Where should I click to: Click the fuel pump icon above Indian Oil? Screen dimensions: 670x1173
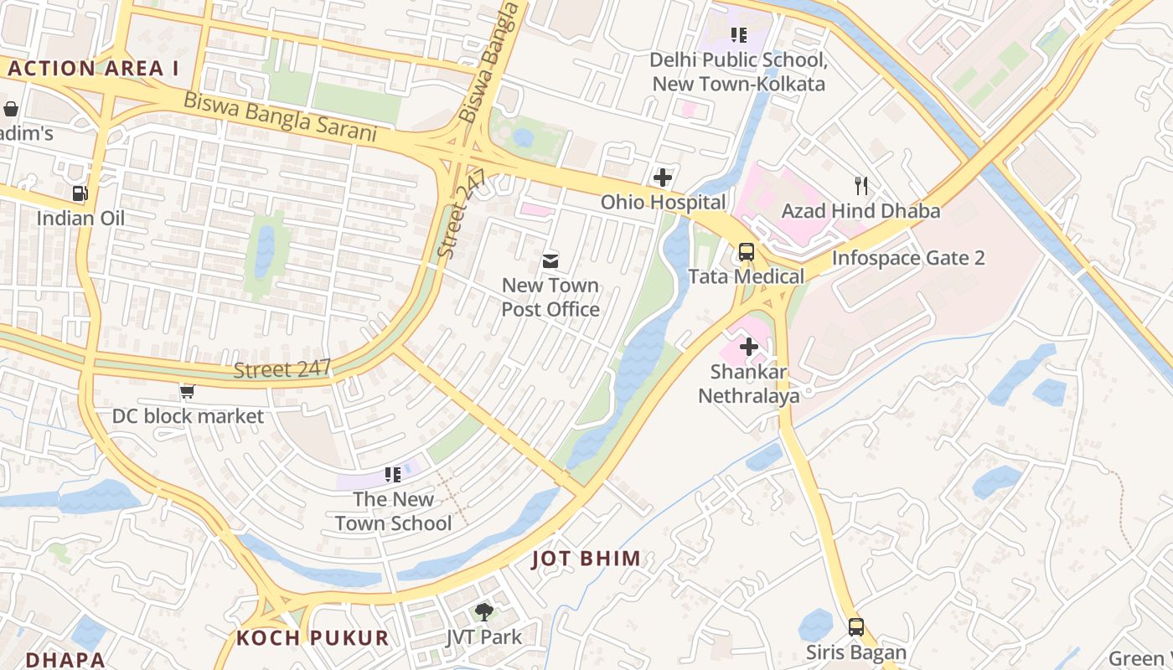click(80, 193)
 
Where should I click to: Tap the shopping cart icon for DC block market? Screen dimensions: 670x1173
click(188, 391)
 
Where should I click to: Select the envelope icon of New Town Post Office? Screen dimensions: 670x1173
click(550, 260)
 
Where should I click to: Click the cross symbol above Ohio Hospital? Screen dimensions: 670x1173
click(663, 178)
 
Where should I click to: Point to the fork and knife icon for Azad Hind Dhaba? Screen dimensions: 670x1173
click(860, 186)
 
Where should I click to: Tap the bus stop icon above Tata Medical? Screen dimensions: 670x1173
click(746, 251)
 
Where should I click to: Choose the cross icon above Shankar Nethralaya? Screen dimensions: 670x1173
click(749, 347)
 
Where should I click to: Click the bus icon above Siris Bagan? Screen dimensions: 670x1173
click(855, 627)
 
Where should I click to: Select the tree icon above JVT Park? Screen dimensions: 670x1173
click(483, 612)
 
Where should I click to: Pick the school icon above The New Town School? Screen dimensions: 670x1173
click(392, 475)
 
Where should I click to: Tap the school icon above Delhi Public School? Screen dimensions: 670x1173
click(738, 35)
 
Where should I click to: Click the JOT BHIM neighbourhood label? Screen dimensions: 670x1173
click(586, 559)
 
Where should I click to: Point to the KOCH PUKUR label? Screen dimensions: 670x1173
click(313, 638)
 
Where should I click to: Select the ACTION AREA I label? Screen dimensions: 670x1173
click(94, 69)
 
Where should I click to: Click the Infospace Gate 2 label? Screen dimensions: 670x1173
click(907, 258)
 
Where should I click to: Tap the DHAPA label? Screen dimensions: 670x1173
click(65, 660)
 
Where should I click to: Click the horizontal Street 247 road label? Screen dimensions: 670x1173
click(282, 369)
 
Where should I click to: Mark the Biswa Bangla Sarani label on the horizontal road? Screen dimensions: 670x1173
click(280, 118)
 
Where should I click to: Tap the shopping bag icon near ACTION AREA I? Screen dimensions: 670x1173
click(11, 109)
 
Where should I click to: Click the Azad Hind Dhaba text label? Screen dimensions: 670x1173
click(860, 211)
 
